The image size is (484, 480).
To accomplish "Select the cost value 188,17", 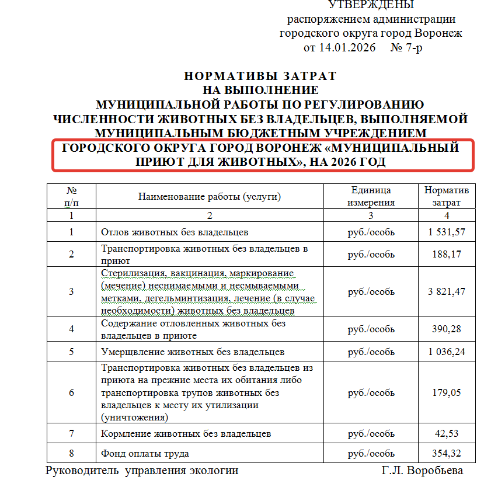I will [x=446, y=254].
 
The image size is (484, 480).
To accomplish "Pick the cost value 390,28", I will [x=446, y=329].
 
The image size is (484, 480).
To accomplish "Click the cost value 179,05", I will [x=446, y=392].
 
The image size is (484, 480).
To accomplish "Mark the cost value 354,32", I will [x=446, y=454].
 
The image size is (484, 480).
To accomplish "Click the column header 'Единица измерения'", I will [x=371, y=196].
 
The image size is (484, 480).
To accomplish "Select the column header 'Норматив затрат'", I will [x=446, y=196].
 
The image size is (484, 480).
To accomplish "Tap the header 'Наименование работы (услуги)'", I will [x=210, y=196].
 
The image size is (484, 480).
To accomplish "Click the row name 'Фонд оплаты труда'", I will [x=145, y=454].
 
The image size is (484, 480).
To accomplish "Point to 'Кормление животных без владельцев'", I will [x=186, y=434].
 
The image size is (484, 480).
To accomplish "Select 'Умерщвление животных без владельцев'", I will [x=193, y=352].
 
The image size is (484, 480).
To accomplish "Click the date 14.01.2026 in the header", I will [x=347, y=47].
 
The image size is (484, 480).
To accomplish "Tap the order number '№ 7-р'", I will [x=406, y=47].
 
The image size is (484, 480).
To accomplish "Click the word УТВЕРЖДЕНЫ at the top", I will [x=371, y=5].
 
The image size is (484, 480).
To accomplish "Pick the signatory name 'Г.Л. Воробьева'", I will [x=423, y=471].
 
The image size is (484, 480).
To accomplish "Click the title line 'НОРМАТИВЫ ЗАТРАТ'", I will [x=260, y=76].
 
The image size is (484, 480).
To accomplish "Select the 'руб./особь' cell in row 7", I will [x=371, y=434].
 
